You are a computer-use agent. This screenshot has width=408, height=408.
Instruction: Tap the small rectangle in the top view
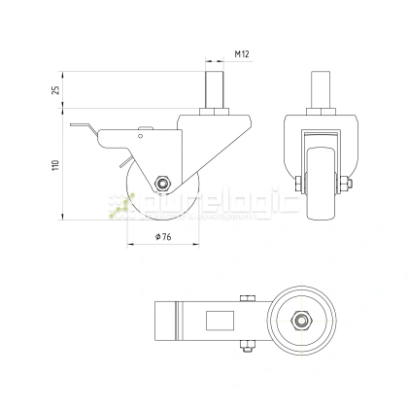click(x=218, y=318)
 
